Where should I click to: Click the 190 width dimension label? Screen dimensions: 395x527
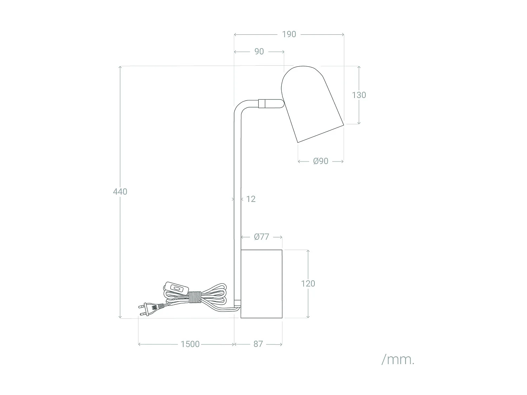pyautogui.click(x=289, y=34)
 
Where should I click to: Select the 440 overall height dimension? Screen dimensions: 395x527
pyautogui.click(x=120, y=192)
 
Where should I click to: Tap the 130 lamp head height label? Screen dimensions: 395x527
pyautogui.click(x=359, y=95)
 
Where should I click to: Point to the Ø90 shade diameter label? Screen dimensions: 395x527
pyautogui.click(x=320, y=161)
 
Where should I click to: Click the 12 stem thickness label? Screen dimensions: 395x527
pyautogui.click(x=251, y=199)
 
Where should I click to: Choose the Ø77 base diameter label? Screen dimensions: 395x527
pyautogui.click(x=261, y=237)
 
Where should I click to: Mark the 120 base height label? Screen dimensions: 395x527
pyautogui.click(x=308, y=283)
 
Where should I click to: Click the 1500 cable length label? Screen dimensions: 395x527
pyautogui.click(x=190, y=344)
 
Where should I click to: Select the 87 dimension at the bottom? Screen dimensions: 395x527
pyautogui.click(x=258, y=344)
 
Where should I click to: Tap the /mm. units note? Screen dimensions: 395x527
pyautogui.click(x=398, y=360)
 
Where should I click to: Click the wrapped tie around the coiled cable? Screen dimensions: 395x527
pyautogui.click(x=194, y=297)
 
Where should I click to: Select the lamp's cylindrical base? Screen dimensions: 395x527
pyautogui.click(x=261, y=284)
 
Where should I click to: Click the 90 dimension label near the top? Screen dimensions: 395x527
pyautogui.click(x=259, y=52)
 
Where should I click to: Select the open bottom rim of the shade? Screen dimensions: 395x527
pyautogui.click(x=320, y=133)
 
